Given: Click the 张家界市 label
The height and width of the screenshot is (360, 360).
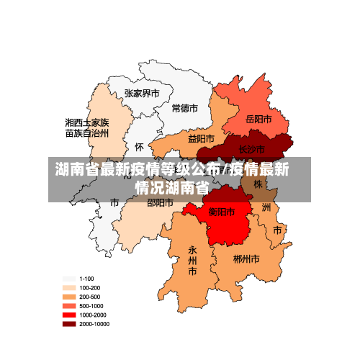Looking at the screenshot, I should [x=142, y=93].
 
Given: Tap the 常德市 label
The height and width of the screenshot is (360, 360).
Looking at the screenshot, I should [x=185, y=108].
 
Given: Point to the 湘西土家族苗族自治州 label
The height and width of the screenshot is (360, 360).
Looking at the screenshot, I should [x=87, y=127].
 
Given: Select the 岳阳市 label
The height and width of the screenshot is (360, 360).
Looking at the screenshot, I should [x=258, y=119].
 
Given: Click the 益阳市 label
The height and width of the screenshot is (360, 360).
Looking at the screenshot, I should [x=201, y=138].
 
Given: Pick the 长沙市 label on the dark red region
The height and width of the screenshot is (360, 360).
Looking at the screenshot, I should [x=251, y=149].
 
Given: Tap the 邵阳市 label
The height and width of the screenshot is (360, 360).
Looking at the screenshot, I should [x=160, y=203].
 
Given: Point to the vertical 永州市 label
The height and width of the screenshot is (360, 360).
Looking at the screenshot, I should [x=192, y=261].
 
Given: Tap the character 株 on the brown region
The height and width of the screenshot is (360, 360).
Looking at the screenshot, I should [x=258, y=184].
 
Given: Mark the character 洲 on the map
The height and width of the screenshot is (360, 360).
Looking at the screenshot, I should [x=266, y=207].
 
